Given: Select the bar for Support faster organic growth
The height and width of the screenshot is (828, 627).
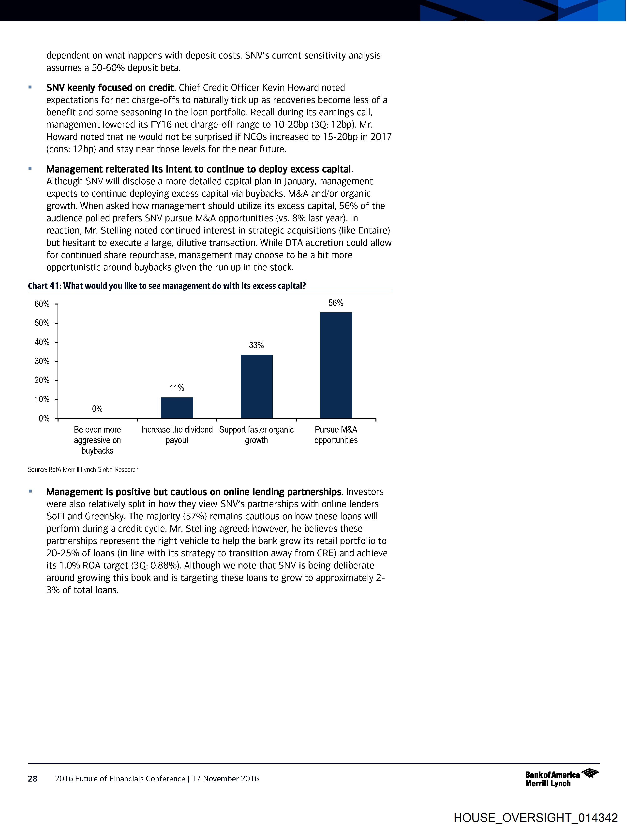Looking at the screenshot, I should click(256, 386).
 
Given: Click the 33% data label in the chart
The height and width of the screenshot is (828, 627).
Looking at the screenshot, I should click(256, 345).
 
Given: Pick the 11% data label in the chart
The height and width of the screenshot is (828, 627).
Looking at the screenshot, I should click(177, 388).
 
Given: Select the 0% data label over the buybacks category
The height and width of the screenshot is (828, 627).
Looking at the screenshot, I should click(97, 409).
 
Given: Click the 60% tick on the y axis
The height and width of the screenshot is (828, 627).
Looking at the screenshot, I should click(42, 304).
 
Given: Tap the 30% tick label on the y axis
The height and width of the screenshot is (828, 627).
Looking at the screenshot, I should click(42, 361).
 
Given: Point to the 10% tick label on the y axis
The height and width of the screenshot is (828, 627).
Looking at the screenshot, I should click(42, 399).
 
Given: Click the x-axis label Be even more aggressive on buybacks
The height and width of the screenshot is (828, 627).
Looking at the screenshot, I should click(97, 440).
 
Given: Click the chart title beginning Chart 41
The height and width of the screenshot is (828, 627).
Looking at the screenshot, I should click(167, 286).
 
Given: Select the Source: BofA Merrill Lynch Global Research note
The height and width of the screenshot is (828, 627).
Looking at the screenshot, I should click(83, 469).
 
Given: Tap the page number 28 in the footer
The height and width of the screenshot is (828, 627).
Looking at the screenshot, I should click(33, 779).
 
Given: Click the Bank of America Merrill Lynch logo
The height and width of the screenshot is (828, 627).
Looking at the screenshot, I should click(561, 779).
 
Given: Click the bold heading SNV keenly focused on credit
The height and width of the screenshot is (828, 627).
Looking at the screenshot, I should click(110, 87).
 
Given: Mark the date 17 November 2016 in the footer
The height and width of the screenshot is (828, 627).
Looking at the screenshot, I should click(225, 779).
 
